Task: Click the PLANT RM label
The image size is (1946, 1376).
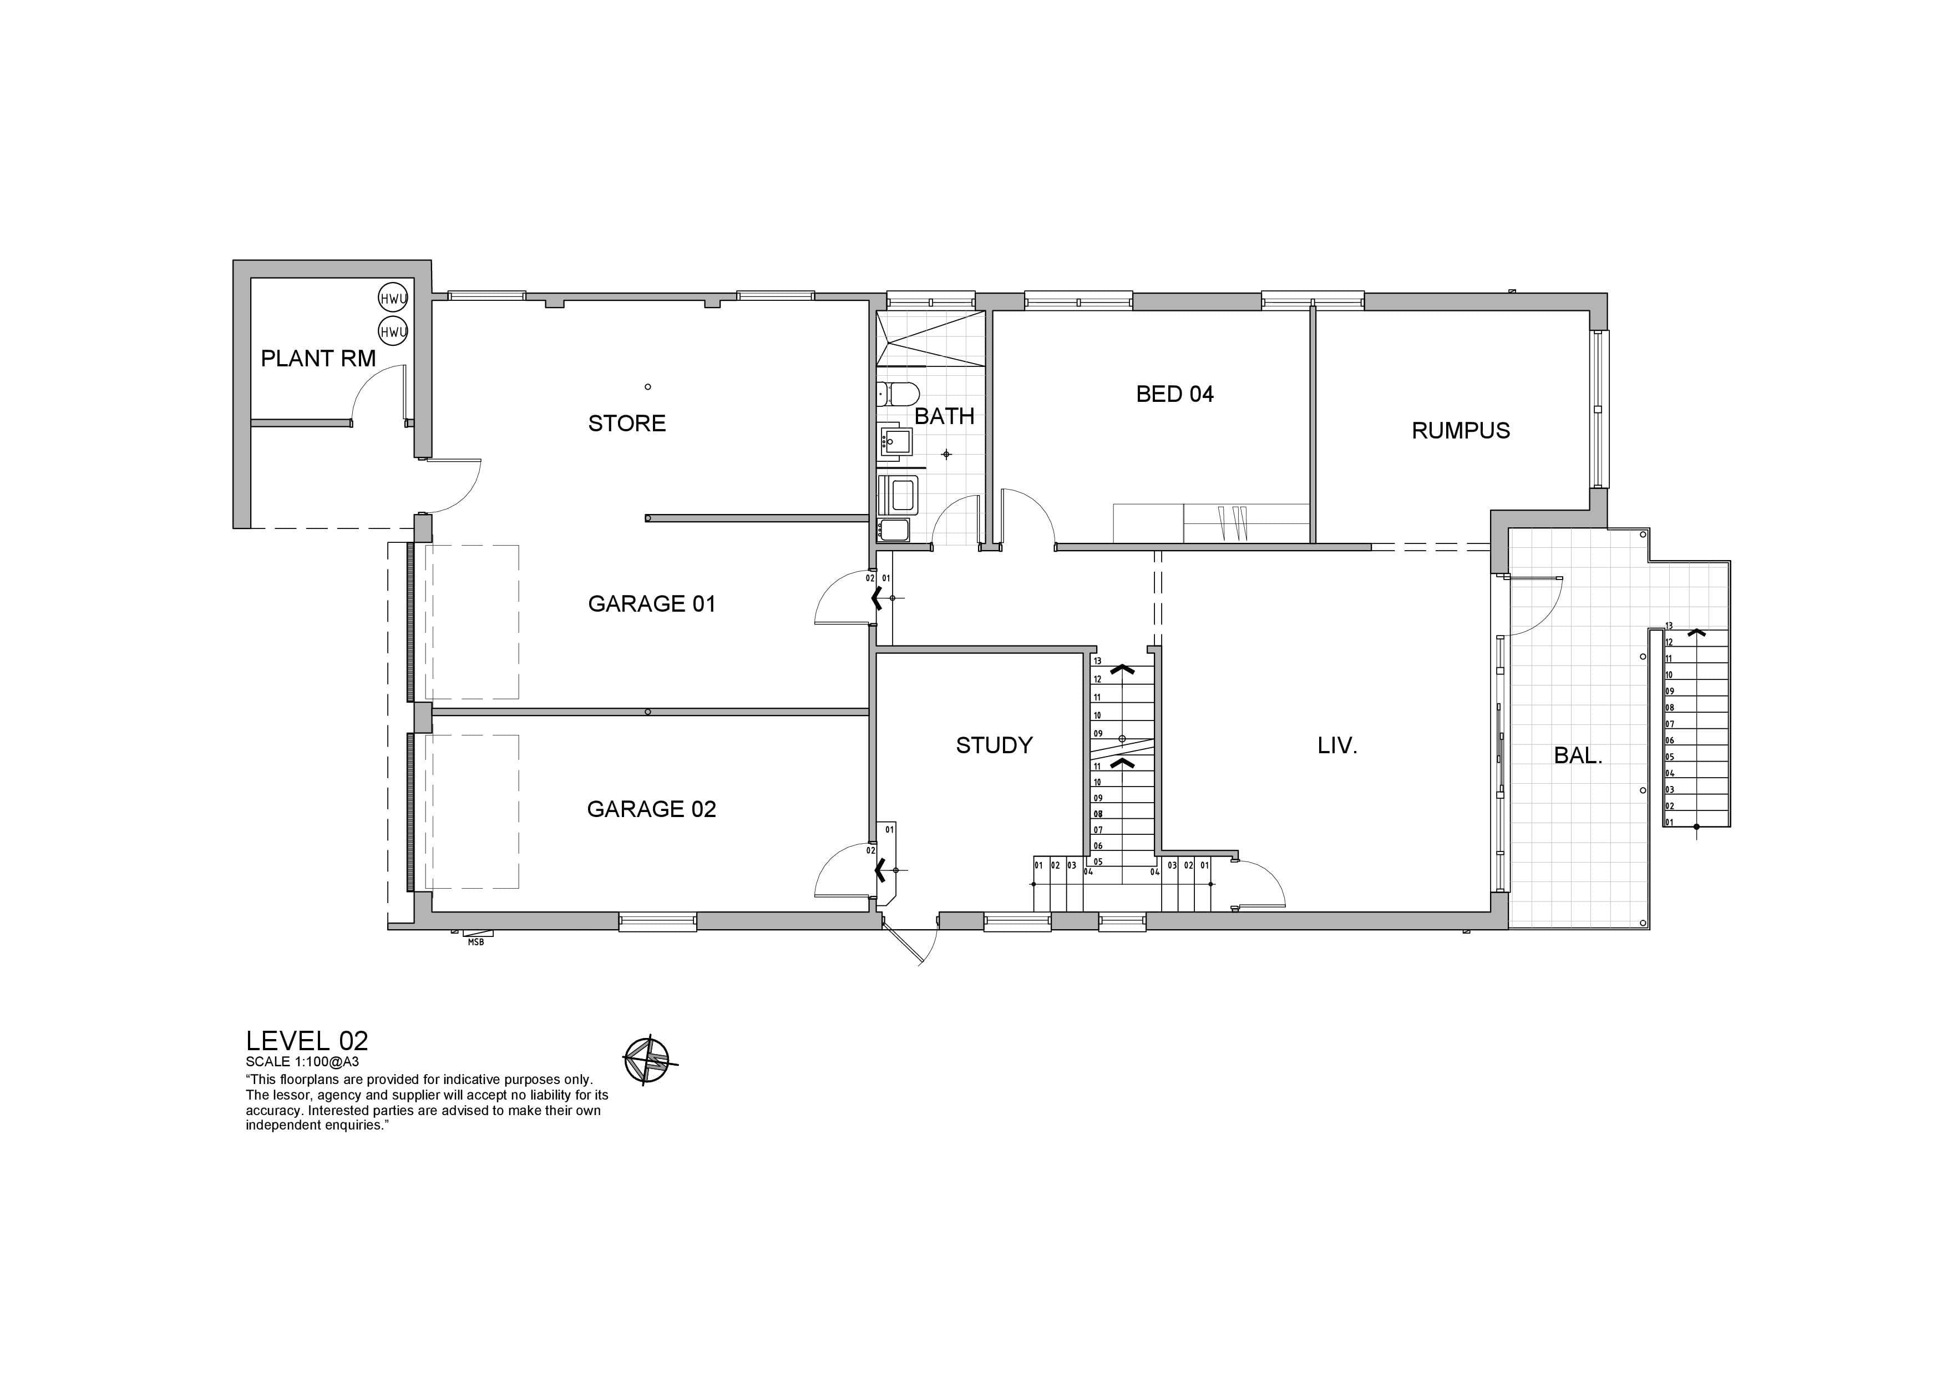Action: tap(318, 359)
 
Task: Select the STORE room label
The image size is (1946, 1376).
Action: tap(627, 423)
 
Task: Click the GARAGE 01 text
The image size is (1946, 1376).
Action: tap(652, 604)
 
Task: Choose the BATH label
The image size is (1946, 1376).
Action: tap(944, 416)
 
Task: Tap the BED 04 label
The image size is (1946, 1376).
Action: tap(1175, 394)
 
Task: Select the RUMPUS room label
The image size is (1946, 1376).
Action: tap(1461, 431)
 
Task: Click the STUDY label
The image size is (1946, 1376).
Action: tap(994, 745)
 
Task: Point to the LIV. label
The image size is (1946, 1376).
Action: tap(1337, 746)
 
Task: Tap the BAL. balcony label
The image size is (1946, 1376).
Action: tap(1578, 755)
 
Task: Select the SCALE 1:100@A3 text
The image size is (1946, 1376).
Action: tap(302, 1061)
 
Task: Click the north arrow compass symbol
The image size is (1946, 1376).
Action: tap(647, 1060)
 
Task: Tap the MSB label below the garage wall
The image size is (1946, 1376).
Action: tap(475, 942)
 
